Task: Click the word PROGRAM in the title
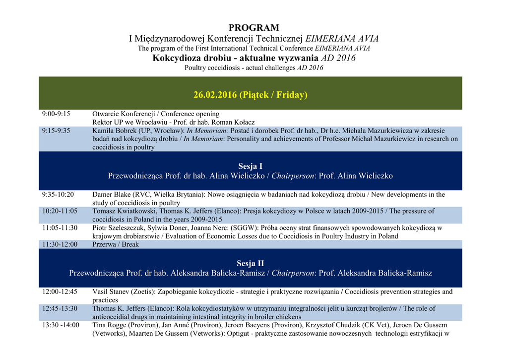click(254, 28)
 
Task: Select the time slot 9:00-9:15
click(56, 114)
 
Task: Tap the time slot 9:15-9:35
click(56, 131)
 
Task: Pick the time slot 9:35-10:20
click(58, 195)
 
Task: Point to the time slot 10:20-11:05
click(60, 211)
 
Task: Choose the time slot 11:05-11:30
click(60, 228)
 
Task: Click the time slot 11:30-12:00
click(60, 244)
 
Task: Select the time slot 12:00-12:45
click(60, 291)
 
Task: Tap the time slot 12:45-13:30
click(60, 308)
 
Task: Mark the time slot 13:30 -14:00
click(61, 325)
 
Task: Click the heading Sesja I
click(250, 166)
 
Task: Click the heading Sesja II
click(250, 263)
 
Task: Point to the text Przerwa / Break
click(116, 244)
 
